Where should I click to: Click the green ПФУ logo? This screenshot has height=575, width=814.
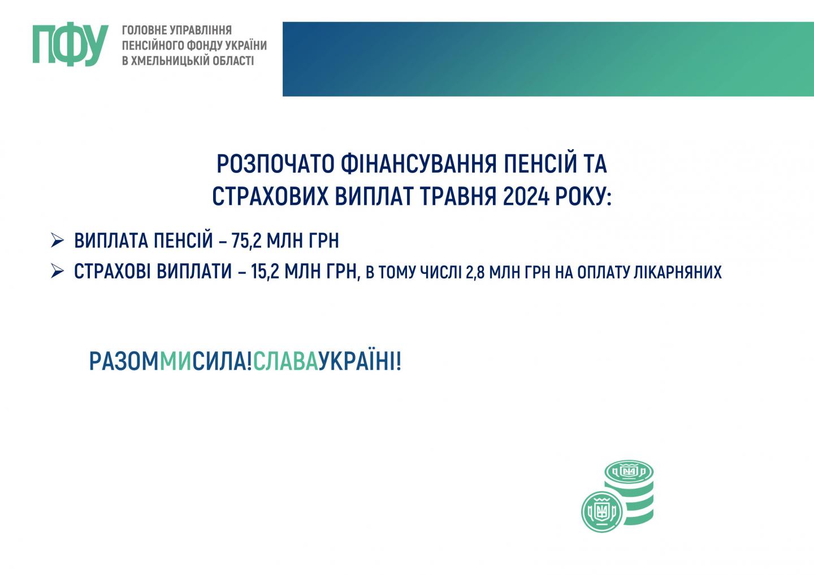(71, 45)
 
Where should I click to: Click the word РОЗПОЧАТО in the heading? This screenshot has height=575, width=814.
(275, 164)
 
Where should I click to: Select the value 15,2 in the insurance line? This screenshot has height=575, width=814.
(265, 272)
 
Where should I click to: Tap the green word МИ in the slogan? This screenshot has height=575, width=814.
(175, 361)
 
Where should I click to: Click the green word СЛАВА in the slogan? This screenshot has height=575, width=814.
(286, 361)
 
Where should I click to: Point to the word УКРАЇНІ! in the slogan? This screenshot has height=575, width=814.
(360, 361)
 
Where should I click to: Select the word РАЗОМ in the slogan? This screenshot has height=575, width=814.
(124, 361)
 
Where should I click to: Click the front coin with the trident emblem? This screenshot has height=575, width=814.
(602, 512)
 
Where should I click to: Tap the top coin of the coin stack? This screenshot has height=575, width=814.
(629, 472)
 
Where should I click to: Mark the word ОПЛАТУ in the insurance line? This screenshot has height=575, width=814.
(603, 273)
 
